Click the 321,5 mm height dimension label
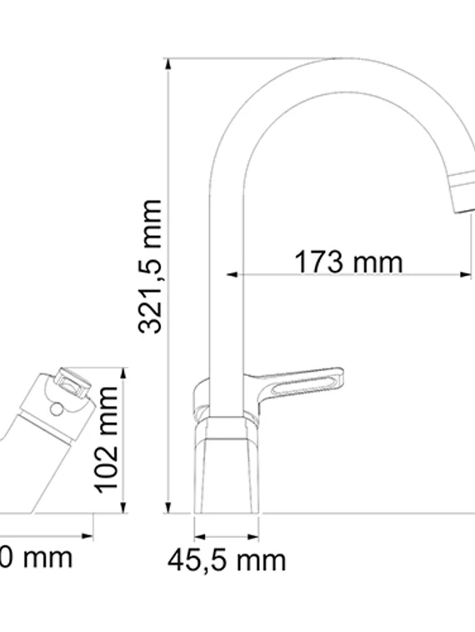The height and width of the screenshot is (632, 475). point(150,267)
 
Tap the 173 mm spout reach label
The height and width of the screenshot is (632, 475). point(347,262)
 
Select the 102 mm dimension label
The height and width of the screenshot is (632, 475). point(107,439)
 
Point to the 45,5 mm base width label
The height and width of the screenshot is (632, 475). point(226,560)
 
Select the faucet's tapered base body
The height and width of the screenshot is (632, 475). point(225,467)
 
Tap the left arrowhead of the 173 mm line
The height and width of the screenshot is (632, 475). point(233,273)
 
